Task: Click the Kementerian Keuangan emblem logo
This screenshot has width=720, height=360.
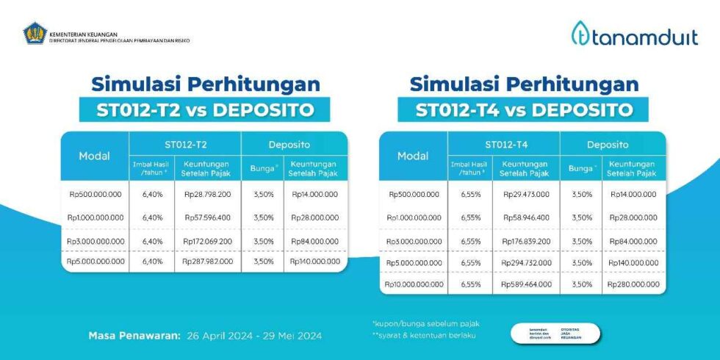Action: (x=35, y=33)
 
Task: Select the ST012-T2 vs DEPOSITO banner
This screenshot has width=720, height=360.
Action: (x=205, y=110)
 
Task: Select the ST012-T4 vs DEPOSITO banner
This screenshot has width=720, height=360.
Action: (x=524, y=110)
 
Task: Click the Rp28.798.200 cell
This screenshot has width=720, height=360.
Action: (x=208, y=195)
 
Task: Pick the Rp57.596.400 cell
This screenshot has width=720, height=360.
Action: (x=208, y=217)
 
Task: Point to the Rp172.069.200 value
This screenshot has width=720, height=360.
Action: (x=208, y=241)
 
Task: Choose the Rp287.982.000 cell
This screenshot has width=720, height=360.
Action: (x=208, y=261)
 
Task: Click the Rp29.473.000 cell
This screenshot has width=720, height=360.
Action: (x=526, y=195)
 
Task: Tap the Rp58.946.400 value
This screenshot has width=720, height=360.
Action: (x=526, y=217)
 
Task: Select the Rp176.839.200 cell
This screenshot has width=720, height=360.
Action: (x=526, y=241)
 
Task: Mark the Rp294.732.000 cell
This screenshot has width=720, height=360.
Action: (x=526, y=262)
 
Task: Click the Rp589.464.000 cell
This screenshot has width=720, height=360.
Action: (x=526, y=284)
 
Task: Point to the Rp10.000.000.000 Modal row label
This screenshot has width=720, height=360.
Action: (x=413, y=284)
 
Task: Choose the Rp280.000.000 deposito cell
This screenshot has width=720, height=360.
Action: (x=633, y=284)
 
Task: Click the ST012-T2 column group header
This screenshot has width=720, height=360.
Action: (x=185, y=145)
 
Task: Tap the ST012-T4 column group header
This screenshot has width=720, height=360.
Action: (x=503, y=145)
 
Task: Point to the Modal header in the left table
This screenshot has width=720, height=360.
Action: (x=95, y=156)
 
